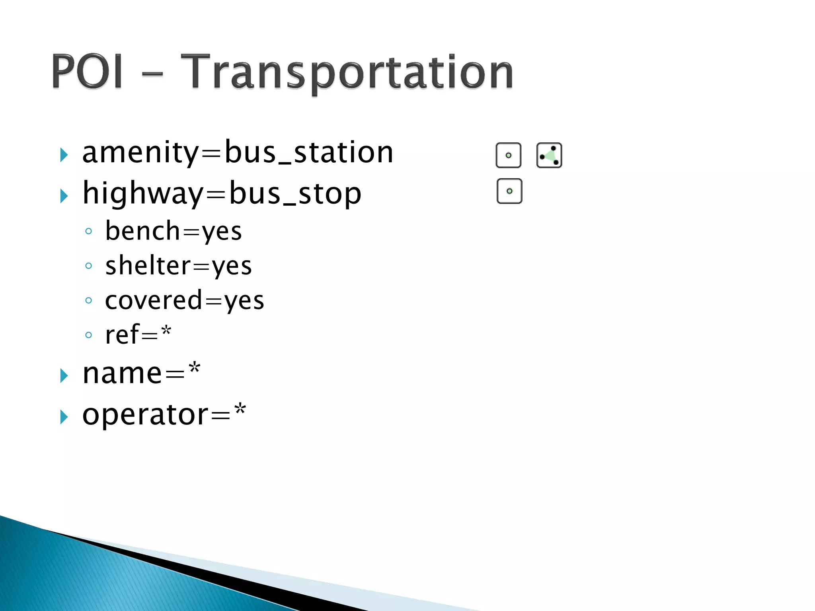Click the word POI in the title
click(87, 72)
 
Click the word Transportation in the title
click(347, 72)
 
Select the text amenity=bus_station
click(238, 152)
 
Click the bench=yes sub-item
click(173, 231)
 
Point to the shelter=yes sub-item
click(178, 266)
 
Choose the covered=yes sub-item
click(184, 300)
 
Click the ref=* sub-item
click(138, 335)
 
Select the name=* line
click(141, 374)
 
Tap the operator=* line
click(164, 414)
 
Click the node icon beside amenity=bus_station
click(508, 155)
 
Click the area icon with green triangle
click(549, 155)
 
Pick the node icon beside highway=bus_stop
click(509, 191)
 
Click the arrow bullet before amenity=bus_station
click(64, 155)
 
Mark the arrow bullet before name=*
click(64, 376)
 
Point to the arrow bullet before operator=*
click(64, 417)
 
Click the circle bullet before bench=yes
click(88, 231)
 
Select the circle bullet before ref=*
click(88, 335)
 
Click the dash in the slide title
click(152, 74)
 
